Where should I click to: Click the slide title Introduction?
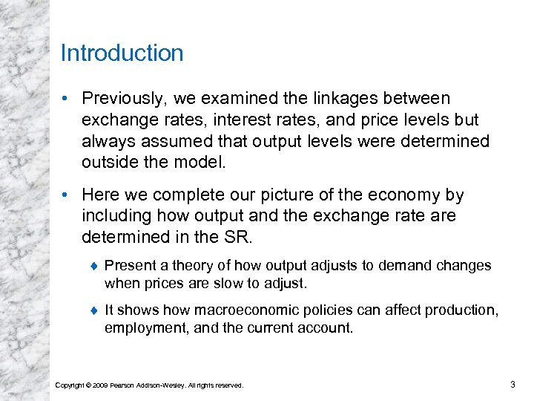pos(122,53)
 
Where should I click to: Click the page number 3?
pos(512,384)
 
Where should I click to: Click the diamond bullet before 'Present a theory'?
pos(94,266)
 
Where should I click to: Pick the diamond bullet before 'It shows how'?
pos(94,310)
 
